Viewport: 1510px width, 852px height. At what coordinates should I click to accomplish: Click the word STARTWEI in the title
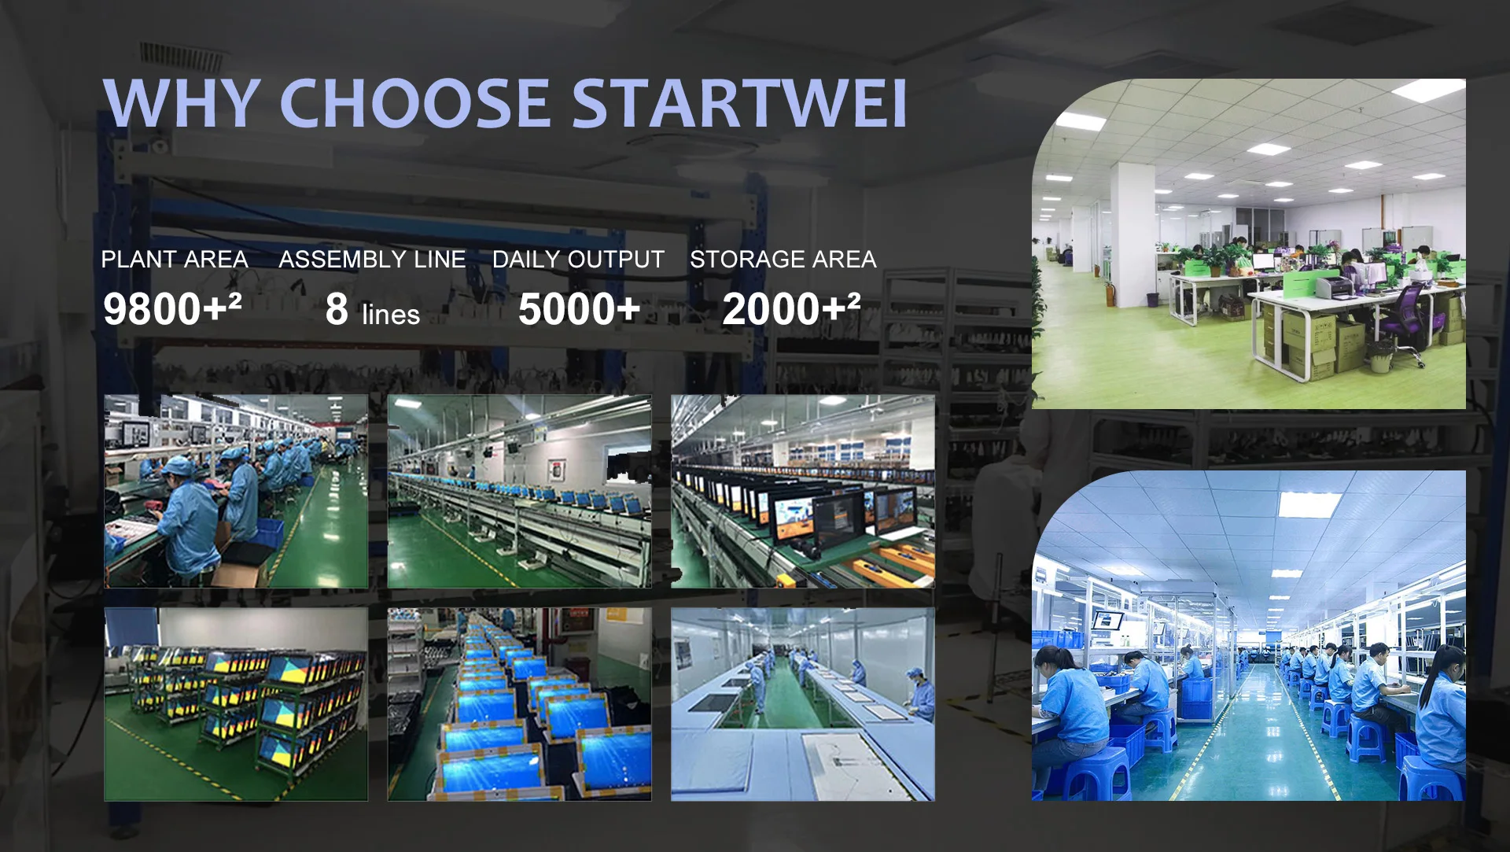point(739,103)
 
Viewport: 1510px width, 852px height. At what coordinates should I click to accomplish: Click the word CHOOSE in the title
point(414,103)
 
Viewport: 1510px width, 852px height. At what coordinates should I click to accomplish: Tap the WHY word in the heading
point(181,103)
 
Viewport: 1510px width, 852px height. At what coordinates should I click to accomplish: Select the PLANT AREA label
point(175,259)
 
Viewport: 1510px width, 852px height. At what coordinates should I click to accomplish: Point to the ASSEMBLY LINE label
point(372,259)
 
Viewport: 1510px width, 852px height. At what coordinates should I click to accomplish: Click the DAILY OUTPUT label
point(578,259)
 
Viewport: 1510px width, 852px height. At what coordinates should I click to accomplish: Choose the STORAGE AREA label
point(783,259)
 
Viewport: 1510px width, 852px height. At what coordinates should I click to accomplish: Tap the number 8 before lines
point(337,308)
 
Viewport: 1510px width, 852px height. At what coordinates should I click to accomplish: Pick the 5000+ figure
point(580,308)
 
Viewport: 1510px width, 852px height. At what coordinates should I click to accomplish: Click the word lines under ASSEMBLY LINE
point(391,314)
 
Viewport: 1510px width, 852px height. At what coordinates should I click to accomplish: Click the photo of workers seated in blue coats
point(236,491)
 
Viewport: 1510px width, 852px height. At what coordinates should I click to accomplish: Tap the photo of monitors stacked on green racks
point(236,704)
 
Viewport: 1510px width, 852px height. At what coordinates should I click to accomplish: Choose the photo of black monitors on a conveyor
point(803,491)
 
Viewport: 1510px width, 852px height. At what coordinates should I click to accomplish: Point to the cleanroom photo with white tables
point(803,704)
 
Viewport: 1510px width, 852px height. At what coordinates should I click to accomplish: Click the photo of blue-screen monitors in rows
point(520,704)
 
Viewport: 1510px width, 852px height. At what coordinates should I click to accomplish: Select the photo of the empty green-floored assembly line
point(520,491)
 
